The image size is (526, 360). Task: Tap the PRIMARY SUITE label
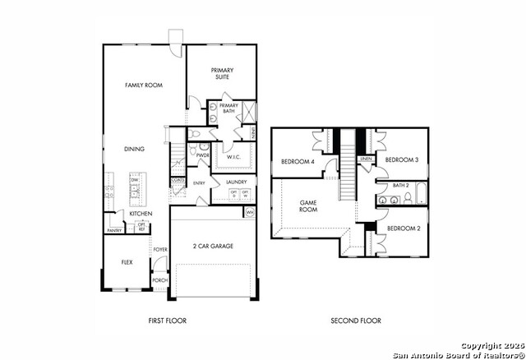tap(223, 73)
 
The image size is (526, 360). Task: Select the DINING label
tap(134, 149)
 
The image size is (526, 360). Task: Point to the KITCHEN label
tap(141, 214)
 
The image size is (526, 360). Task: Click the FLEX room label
tap(127, 263)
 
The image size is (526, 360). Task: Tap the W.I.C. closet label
tap(233, 156)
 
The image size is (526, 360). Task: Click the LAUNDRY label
tap(236, 182)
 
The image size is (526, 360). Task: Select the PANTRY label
tap(114, 230)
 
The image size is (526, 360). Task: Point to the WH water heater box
tap(250, 212)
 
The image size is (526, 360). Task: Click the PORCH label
tap(160, 280)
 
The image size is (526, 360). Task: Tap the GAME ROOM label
tap(308, 205)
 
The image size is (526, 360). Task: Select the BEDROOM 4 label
tap(298, 161)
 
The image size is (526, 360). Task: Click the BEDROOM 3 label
tap(403, 159)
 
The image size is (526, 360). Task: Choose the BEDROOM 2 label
tap(403, 228)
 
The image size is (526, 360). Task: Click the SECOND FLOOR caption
tap(356, 321)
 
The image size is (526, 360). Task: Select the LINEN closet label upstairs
tap(366, 159)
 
